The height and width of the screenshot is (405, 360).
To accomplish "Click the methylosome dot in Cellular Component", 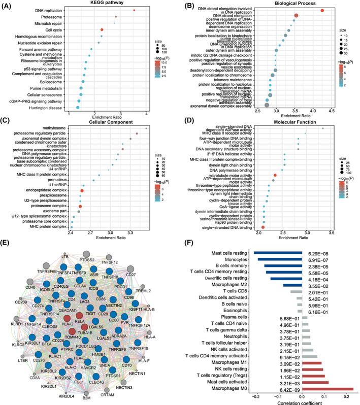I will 146,128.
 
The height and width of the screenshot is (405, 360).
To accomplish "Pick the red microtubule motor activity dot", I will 275,175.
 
